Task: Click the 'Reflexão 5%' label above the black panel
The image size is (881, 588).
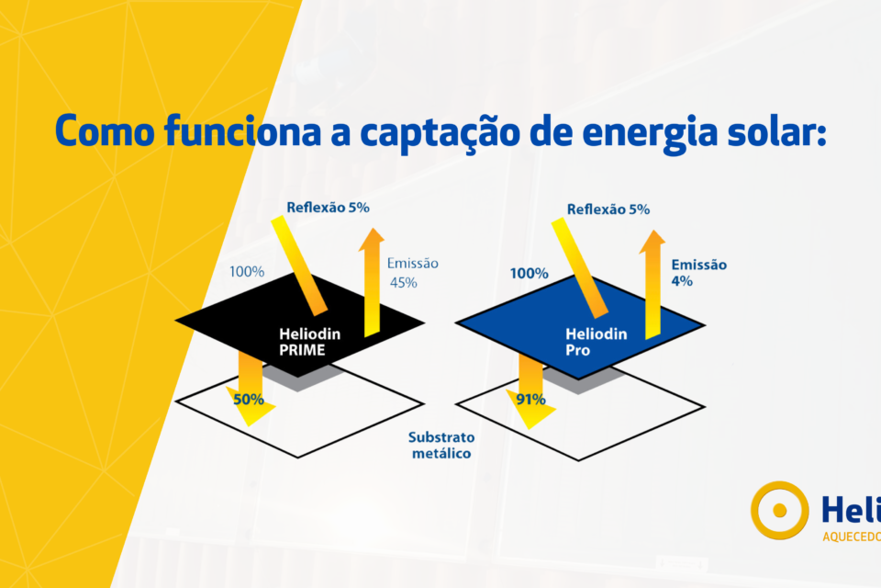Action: (328, 208)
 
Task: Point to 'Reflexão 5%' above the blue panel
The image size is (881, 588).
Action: (608, 209)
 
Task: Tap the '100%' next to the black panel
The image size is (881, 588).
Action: (247, 272)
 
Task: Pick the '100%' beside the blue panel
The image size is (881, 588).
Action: (529, 273)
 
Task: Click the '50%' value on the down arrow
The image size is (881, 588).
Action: (249, 400)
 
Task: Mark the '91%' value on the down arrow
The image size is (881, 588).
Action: (530, 400)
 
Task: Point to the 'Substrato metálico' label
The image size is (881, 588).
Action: (441, 445)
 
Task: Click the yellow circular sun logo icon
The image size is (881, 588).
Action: (779, 510)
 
